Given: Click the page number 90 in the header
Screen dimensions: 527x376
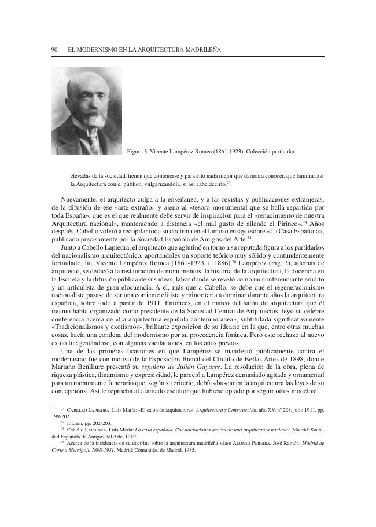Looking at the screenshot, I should click(x=55, y=50).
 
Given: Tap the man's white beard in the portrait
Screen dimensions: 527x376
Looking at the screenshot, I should click(x=84, y=121).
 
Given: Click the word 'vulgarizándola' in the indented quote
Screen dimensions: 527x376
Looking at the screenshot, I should click(x=171, y=183).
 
